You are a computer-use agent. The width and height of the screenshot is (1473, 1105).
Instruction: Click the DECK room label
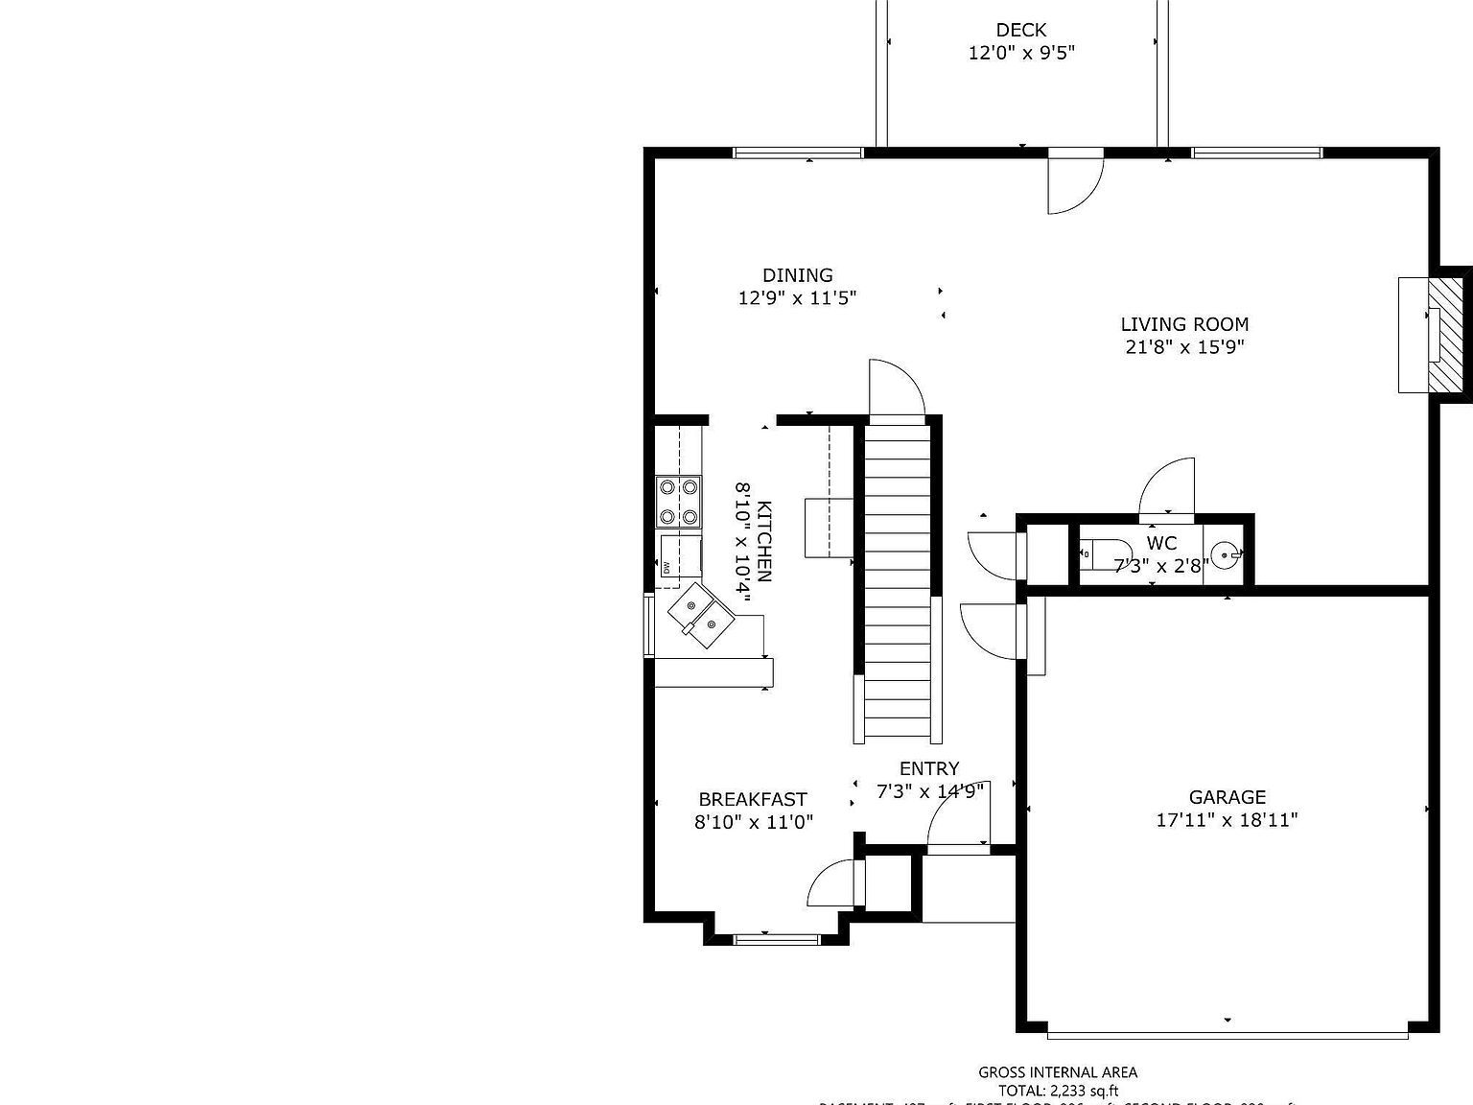1020,31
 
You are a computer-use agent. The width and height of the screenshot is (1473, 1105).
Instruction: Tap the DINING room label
797,275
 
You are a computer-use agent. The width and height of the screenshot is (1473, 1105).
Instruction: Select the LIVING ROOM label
1184,324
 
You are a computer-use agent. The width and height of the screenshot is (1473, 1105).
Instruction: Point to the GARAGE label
1227,797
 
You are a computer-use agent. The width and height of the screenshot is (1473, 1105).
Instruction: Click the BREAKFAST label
753,799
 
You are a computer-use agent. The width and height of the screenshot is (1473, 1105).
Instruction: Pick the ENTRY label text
928,768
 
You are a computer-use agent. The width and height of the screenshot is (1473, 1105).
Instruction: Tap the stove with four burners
676,502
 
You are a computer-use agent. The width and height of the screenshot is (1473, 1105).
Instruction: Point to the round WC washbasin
1225,554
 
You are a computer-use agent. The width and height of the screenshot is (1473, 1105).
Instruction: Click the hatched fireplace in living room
1446,334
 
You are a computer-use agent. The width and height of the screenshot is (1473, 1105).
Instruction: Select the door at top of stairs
896,390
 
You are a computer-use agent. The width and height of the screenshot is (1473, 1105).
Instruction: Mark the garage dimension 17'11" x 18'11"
1227,820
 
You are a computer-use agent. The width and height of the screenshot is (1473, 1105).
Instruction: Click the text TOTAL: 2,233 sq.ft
1058,1091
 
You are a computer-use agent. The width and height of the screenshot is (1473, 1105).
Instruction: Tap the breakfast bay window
777,939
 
